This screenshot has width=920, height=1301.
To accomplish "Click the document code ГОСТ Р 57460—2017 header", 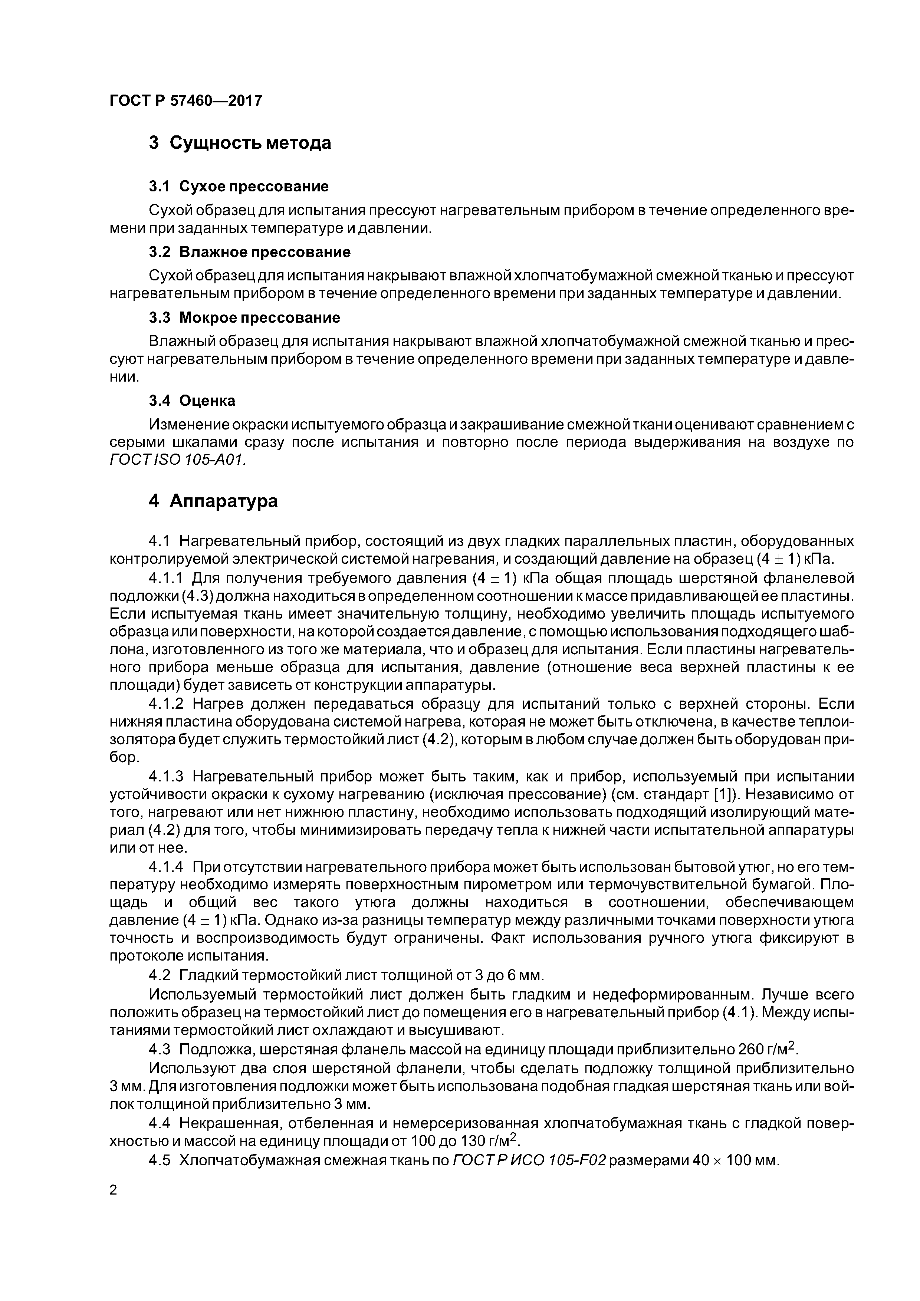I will click(x=185, y=101).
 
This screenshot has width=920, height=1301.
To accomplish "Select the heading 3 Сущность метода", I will click(x=240, y=143).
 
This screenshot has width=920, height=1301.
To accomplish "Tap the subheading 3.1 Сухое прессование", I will click(x=239, y=187).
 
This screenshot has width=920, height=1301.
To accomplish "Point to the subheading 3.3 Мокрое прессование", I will click(x=244, y=317).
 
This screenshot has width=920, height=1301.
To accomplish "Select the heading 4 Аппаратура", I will click(x=213, y=501).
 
